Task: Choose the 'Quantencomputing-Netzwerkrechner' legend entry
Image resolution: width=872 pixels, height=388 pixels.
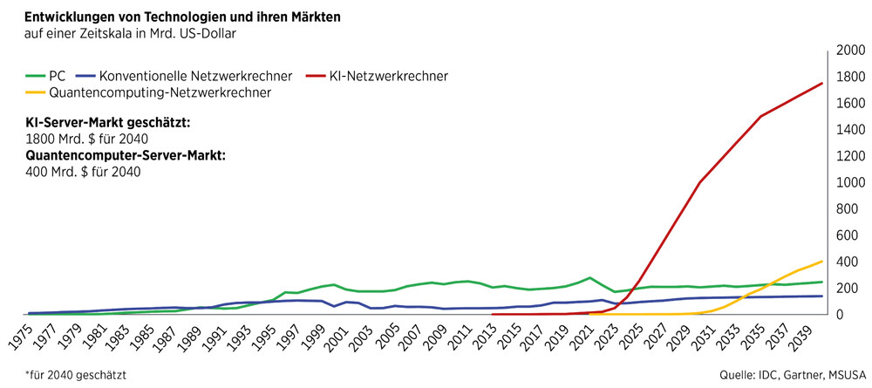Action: point(160,92)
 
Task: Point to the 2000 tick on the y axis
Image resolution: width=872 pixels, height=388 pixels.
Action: point(850,51)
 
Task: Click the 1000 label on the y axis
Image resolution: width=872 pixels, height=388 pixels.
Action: point(850,182)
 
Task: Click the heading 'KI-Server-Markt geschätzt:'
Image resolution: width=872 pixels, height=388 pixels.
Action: point(107,123)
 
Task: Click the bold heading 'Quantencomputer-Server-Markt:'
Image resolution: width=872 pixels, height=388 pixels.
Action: point(126,155)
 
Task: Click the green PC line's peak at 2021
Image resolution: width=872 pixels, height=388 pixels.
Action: point(590,278)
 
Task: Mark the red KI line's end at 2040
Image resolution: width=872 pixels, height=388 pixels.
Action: point(822,84)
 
